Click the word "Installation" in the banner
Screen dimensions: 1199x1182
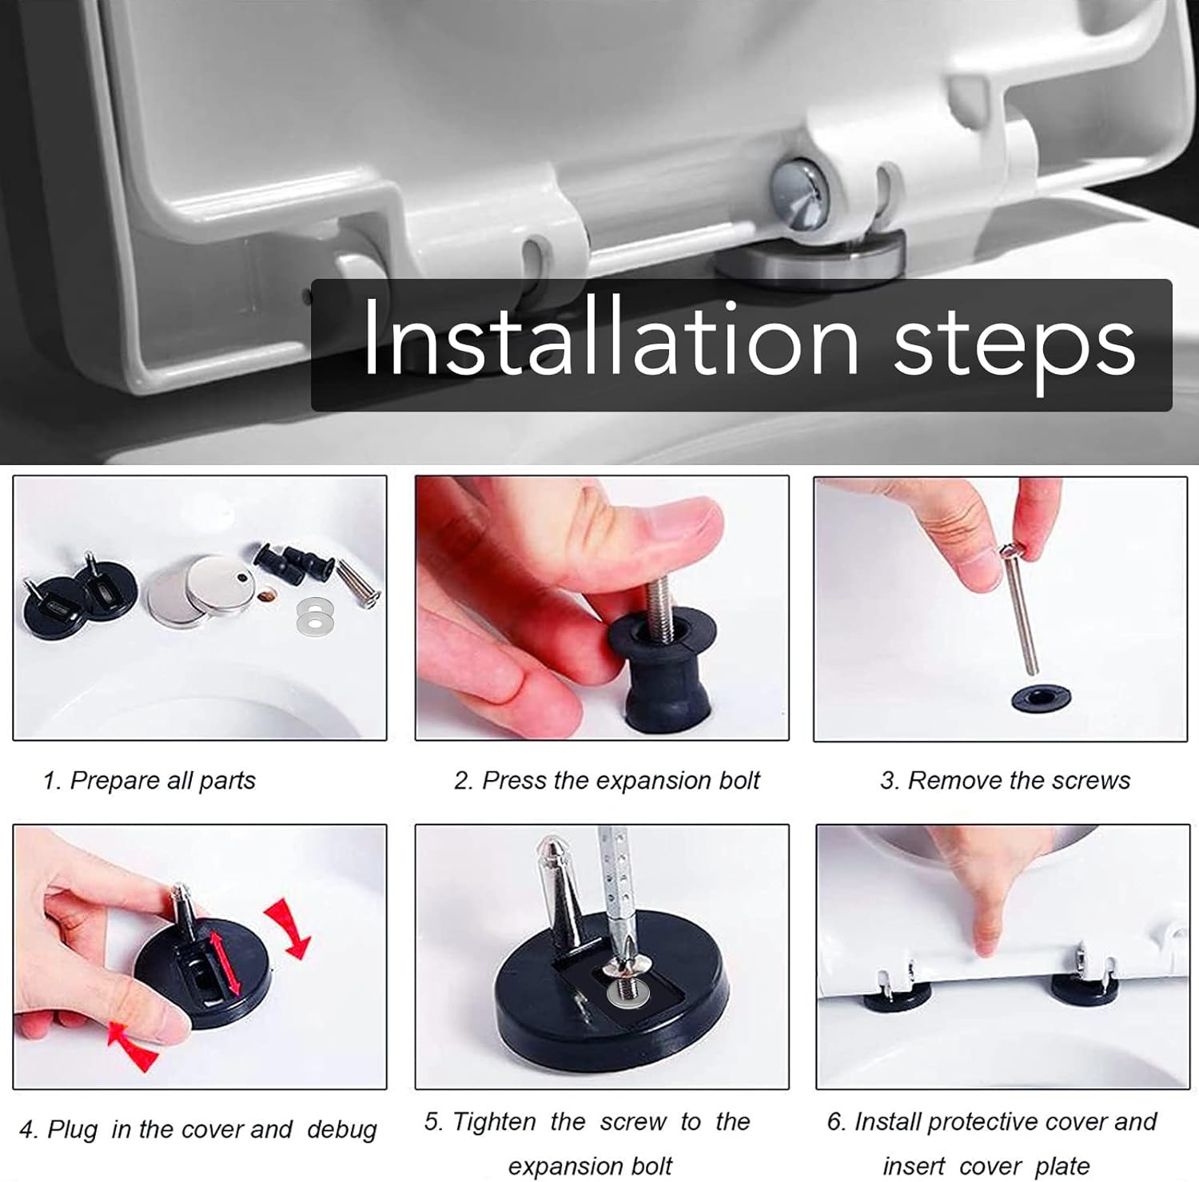611,340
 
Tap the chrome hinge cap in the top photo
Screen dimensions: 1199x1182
804,196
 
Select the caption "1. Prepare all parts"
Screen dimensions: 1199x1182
149,781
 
